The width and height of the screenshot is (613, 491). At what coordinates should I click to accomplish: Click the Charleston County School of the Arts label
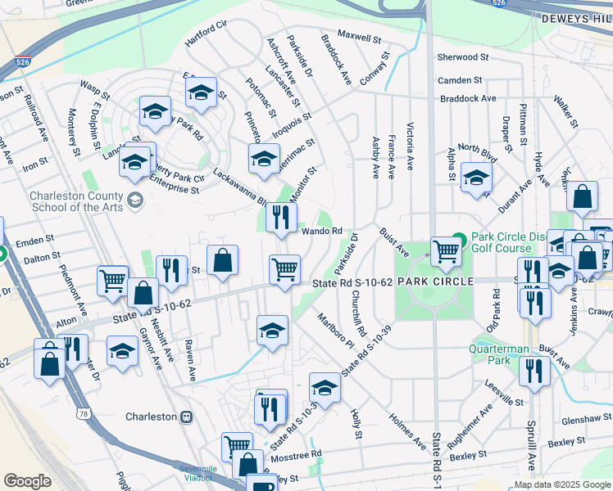click(x=76, y=201)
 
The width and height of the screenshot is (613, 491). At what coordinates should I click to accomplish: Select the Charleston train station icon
click(x=187, y=417)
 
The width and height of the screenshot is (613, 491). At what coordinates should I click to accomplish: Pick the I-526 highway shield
click(x=23, y=62)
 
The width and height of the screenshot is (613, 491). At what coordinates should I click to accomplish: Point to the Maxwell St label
click(x=360, y=38)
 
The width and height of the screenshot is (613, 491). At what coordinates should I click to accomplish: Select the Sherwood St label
click(x=462, y=57)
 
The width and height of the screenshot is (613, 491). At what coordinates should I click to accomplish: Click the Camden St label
click(x=460, y=80)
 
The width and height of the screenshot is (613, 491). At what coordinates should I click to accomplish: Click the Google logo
click(x=27, y=481)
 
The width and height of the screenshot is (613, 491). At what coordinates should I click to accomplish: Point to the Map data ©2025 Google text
click(x=561, y=484)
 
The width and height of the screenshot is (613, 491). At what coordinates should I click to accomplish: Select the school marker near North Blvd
click(x=476, y=178)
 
